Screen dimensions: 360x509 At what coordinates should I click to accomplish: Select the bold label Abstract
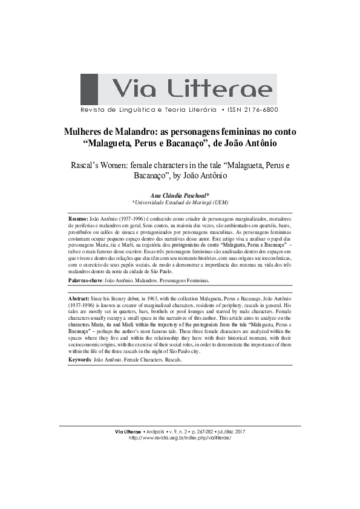pos(79,299)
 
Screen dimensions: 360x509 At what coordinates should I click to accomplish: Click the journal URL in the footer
pos(180,437)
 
